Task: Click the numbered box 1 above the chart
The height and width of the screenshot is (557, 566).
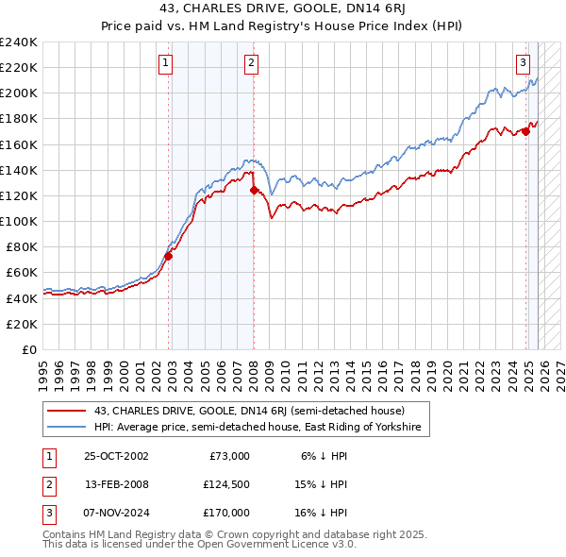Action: [x=165, y=63]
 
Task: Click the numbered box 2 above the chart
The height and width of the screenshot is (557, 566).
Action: [x=252, y=63]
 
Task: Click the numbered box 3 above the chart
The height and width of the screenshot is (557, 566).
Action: [x=523, y=63]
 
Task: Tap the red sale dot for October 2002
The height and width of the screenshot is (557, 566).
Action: [x=169, y=256]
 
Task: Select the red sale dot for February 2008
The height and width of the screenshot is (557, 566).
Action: [x=254, y=190]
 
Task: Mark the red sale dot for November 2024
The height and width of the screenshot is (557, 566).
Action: [x=526, y=131]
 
